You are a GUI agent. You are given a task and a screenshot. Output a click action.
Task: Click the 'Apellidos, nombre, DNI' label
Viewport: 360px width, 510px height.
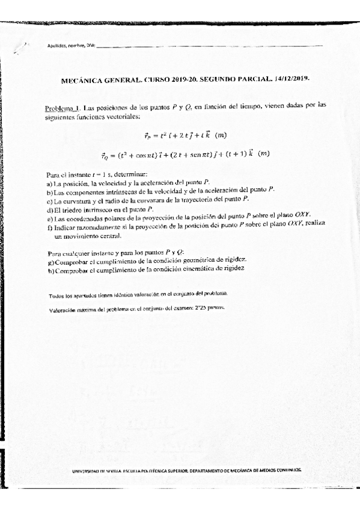click(x=71, y=46)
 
